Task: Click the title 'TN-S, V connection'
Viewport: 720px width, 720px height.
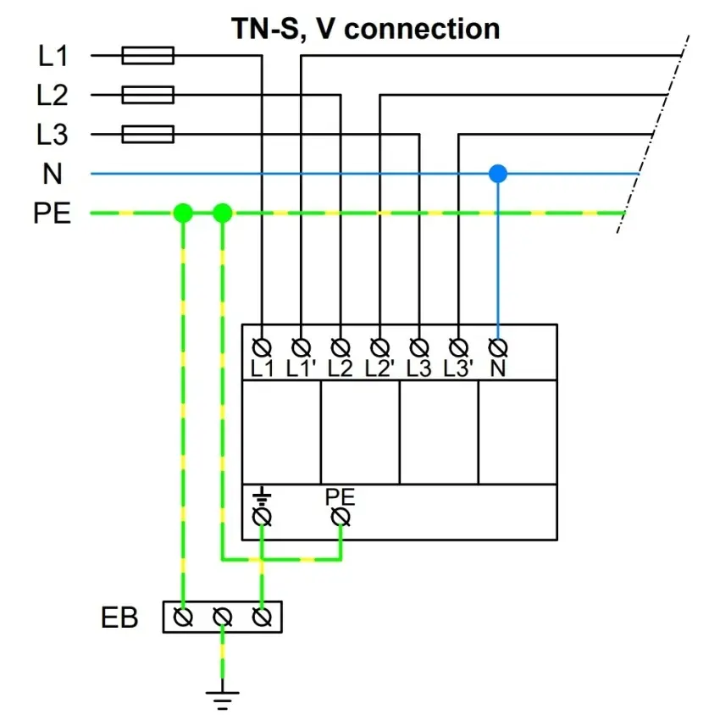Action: (x=366, y=29)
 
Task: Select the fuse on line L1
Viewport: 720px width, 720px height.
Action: (x=148, y=56)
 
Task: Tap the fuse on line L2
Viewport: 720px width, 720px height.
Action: (x=148, y=95)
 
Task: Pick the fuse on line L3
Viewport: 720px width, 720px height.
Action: (x=148, y=134)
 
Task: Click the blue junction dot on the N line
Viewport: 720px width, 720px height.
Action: (x=498, y=174)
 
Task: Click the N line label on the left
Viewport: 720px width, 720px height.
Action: (x=53, y=174)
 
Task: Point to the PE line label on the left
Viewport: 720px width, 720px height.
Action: (x=53, y=213)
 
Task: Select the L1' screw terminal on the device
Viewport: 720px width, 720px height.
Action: (x=301, y=347)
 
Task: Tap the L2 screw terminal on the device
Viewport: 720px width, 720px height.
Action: (x=341, y=347)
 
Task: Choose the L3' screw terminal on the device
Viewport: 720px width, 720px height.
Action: (x=458, y=347)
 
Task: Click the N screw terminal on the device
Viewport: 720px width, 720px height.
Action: (x=498, y=347)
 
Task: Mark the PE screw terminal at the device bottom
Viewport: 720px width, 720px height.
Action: (x=341, y=516)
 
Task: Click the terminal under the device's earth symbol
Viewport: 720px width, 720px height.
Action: (x=262, y=516)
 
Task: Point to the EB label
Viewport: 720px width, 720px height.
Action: (x=119, y=618)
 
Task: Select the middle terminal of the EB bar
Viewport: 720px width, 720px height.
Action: (x=222, y=618)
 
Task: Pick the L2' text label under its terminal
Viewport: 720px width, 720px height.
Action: (x=380, y=368)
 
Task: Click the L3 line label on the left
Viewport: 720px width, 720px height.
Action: (x=53, y=135)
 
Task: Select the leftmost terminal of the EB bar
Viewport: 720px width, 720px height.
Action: (x=182, y=618)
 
